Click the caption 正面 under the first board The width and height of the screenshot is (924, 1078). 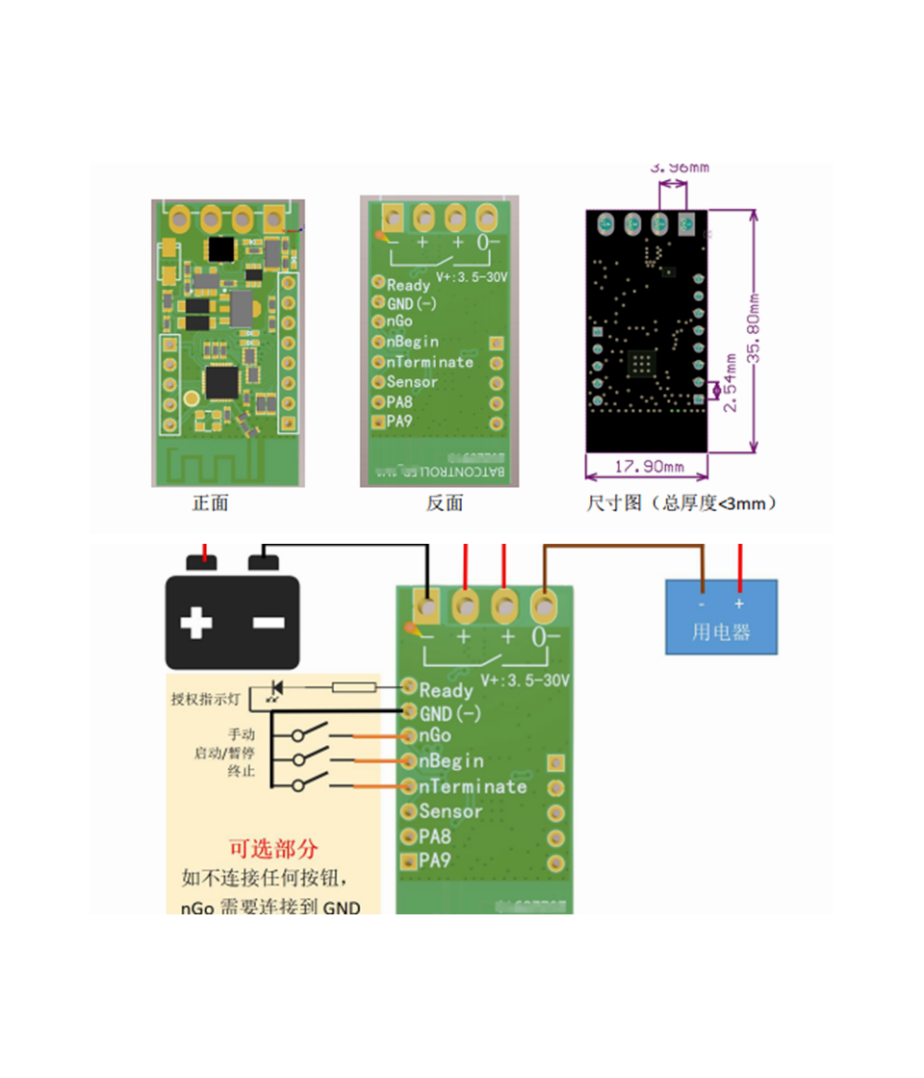pyautogui.click(x=211, y=503)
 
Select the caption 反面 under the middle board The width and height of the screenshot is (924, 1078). pyautogui.click(x=445, y=503)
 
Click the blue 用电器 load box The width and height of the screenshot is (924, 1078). pyautogui.click(x=721, y=617)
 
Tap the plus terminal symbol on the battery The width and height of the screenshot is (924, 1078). pyautogui.click(x=196, y=623)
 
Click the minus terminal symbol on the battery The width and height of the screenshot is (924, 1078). pyautogui.click(x=269, y=623)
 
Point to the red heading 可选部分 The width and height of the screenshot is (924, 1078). pyautogui.click(x=273, y=849)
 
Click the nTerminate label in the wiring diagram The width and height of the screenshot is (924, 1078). pyautogui.click(x=473, y=786)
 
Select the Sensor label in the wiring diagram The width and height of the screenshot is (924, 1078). pyautogui.click(x=450, y=811)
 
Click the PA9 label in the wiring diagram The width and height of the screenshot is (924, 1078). pyautogui.click(x=435, y=860)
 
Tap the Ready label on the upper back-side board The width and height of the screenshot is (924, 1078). pyautogui.click(x=408, y=285)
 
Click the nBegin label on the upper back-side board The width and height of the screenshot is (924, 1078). pyautogui.click(x=412, y=342)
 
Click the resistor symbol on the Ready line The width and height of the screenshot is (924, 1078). pyautogui.click(x=353, y=688)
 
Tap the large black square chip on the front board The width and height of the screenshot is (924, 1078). pyautogui.click(x=222, y=248)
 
